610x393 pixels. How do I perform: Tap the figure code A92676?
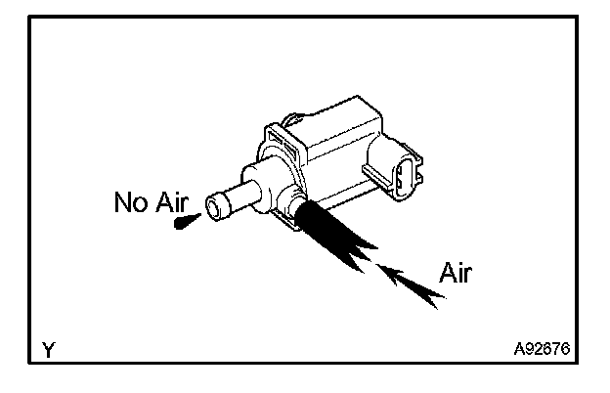click(542, 348)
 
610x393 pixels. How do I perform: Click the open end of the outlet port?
click(215, 207)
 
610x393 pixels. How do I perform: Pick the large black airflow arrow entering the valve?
click(332, 236)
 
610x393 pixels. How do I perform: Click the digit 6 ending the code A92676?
click(567, 348)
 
